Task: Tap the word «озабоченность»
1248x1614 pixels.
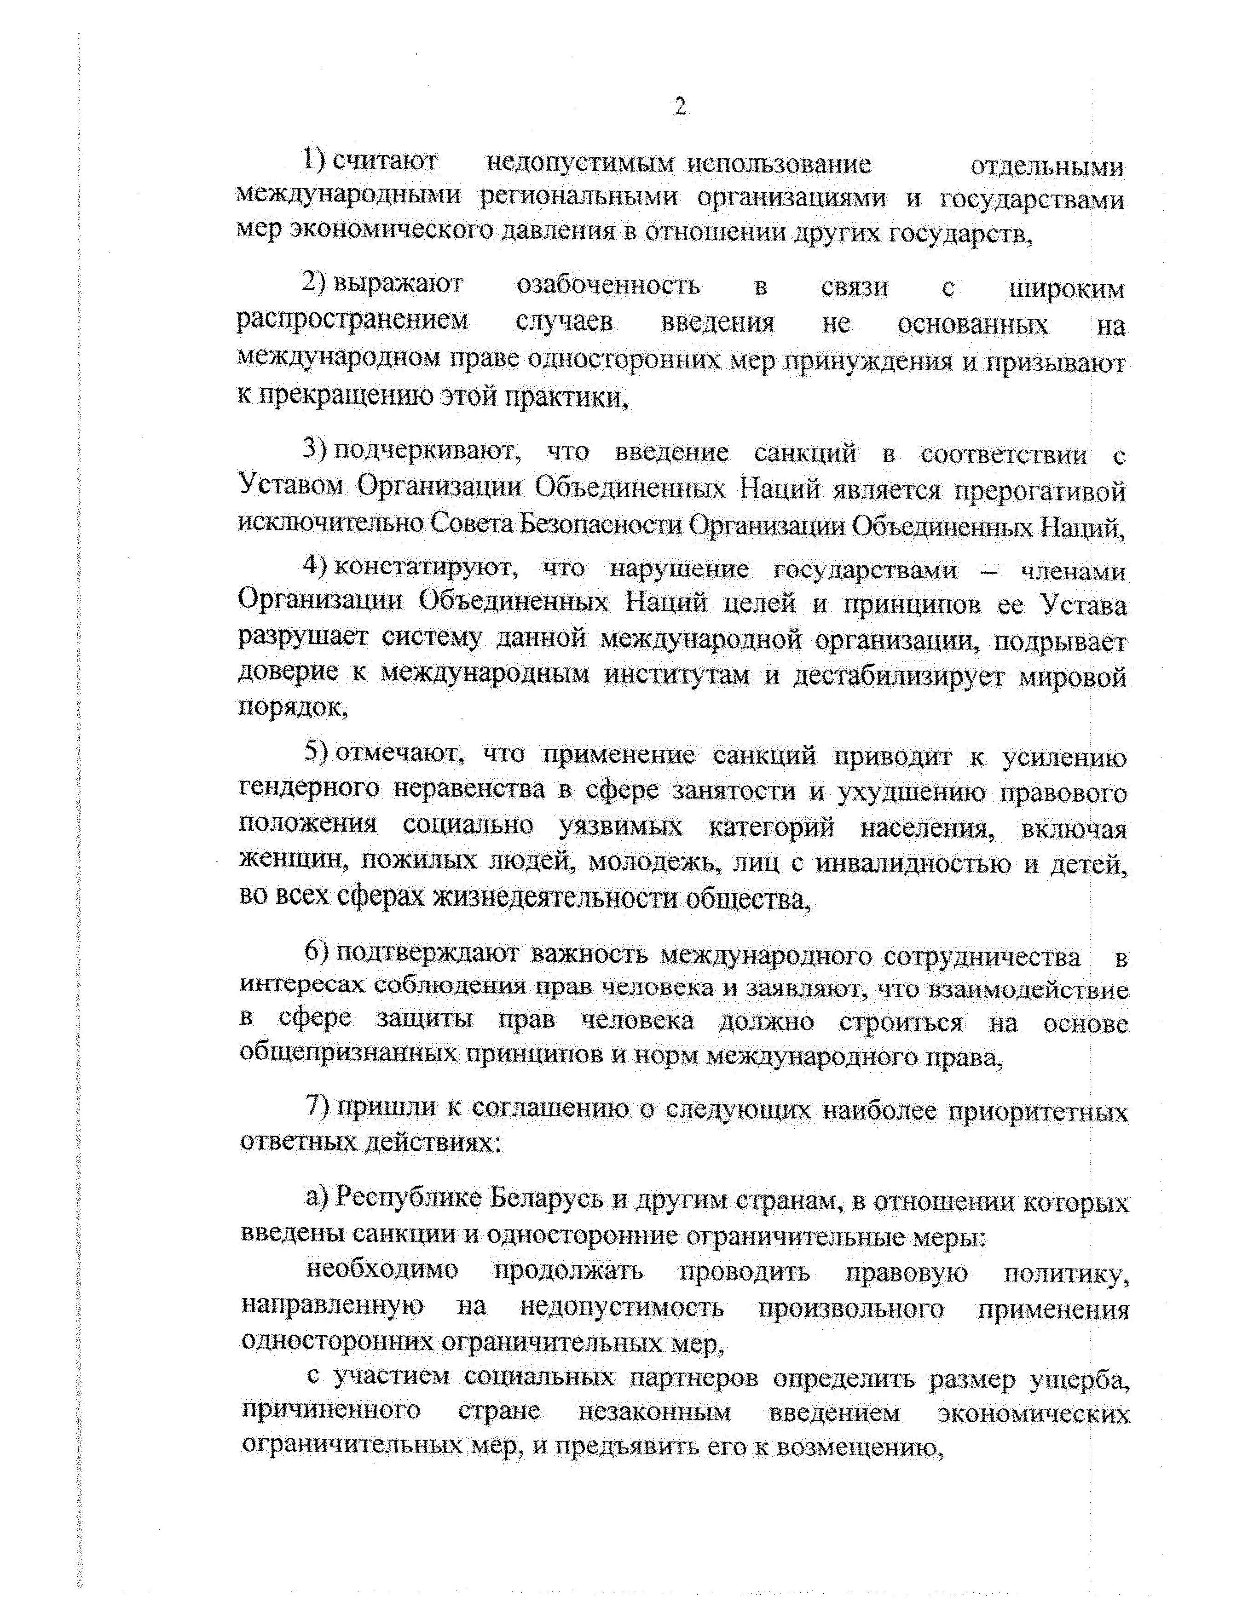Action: pos(608,286)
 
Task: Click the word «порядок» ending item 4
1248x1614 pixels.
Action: pos(290,709)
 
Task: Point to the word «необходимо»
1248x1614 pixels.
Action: pos(381,1270)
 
